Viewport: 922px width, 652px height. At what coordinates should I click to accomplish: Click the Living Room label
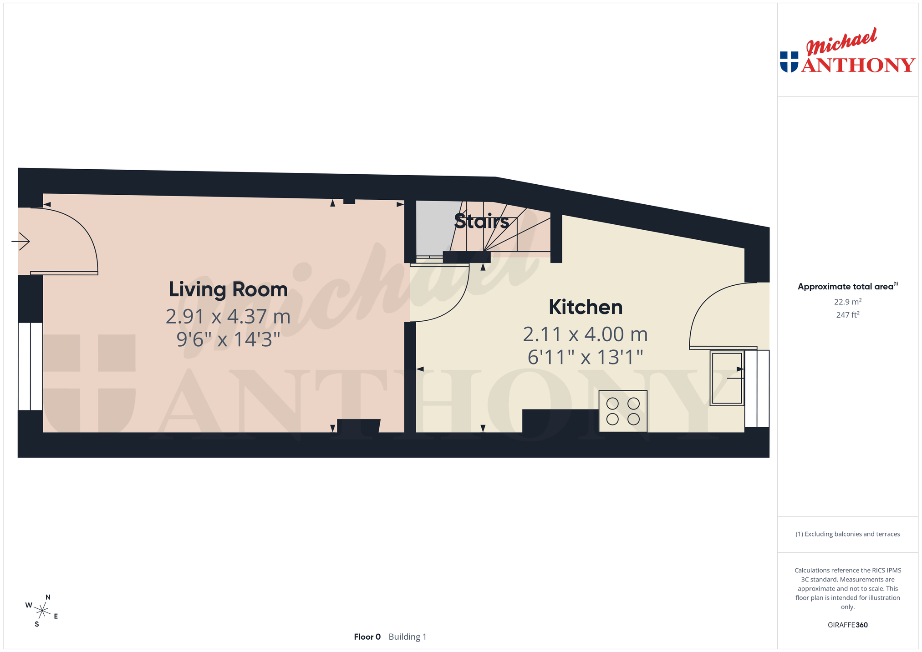click(228, 289)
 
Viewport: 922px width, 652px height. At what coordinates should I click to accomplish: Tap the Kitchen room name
click(586, 307)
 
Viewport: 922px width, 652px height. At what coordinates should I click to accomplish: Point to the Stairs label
click(482, 221)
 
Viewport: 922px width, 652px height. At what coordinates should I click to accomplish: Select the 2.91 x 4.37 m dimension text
click(228, 317)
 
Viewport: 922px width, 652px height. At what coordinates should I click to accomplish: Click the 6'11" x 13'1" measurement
click(586, 357)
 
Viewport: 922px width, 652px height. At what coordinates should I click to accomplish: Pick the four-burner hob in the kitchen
click(623, 411)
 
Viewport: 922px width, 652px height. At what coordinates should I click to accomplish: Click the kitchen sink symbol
click(727, 378)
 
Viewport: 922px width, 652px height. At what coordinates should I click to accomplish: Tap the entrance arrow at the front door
click(20, 241)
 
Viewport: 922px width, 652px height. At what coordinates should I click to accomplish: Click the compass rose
click(42, 611)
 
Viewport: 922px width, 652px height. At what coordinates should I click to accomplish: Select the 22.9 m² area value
click(847, 302)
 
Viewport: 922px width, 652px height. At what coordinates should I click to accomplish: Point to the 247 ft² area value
click(847, 314)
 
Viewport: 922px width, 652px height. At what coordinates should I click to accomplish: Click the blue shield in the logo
click(789, 62)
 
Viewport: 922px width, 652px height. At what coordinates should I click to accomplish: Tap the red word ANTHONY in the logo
click(858, 65)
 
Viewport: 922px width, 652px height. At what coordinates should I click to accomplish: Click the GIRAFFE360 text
click(847, 625)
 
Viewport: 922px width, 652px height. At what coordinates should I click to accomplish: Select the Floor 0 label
click(367, 637)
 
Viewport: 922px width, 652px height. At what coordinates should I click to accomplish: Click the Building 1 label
click(408, 637)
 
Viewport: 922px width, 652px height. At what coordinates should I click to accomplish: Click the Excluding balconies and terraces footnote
click(847, 534)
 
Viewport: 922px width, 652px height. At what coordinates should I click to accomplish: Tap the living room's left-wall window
click(31, 366)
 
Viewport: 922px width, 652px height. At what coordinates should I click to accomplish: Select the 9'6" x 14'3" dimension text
click(228, 339)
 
